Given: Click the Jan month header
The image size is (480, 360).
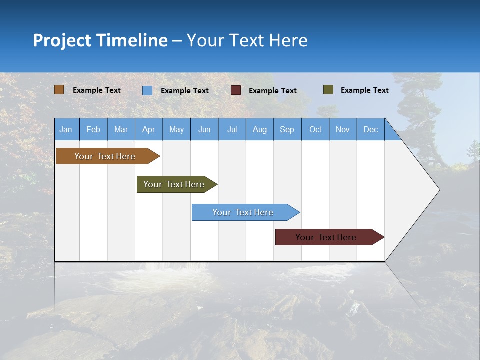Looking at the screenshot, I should pyautogui.click(x=66, y=130).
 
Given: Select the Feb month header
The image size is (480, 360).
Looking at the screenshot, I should pyautogui.click(x=93, y=130).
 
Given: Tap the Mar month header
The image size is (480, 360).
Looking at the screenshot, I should pyautogui.click(x=121, y=130).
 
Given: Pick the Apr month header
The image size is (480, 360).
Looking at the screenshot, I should pyautogui.click(x=149, y=130).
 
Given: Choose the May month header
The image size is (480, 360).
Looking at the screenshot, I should pyautogui.click(x=176, y=130).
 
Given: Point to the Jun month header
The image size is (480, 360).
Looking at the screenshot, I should pyautogui.click(x=204, y=130).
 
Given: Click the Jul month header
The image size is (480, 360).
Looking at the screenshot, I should pyautogui.click(x=232, y=130).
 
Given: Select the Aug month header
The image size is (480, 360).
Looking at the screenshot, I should pyautogui.click(x=260, y=130).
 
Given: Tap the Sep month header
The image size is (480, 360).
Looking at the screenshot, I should pyautogui.click(x=287, y=130).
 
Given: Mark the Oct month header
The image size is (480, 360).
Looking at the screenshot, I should pyautogui.click(x=315, y=130).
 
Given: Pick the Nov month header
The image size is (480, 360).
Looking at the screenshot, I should pyautogui.click(x=343, y=130).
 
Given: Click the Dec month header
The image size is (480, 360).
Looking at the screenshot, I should pyautogui.click(x=371, y=130).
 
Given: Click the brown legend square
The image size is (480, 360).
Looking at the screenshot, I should pyautogui.click(x=59, y=90).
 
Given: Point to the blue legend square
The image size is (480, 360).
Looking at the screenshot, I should pyautogui.click(x=147, y=90).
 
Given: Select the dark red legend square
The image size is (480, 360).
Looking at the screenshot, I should pyautogui.click(x=236, y=90).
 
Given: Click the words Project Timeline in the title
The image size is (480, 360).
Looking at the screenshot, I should pyautogui.click(x=100, y=40).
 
